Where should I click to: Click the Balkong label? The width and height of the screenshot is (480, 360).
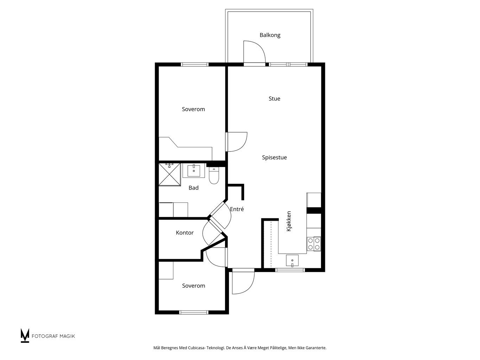270,35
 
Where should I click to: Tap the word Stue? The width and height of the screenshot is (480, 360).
274,98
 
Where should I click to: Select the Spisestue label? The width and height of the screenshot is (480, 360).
274,157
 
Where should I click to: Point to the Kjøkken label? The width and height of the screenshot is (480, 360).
289,221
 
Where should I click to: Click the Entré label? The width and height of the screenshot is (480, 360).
237,209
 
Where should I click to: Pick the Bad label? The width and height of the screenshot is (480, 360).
193,188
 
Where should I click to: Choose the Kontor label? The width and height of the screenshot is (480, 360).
185,233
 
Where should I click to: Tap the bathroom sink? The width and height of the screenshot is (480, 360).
194,171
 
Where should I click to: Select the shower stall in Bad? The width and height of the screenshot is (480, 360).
170,174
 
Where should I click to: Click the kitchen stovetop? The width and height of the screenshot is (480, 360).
314,244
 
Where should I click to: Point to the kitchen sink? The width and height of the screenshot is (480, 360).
292,261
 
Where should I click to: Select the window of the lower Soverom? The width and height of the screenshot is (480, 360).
194,313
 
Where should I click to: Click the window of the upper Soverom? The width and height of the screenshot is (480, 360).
194,64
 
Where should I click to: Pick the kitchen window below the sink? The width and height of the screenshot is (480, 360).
290,270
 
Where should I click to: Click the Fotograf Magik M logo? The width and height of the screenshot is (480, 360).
25,335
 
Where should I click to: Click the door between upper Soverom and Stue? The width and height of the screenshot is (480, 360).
237,142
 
